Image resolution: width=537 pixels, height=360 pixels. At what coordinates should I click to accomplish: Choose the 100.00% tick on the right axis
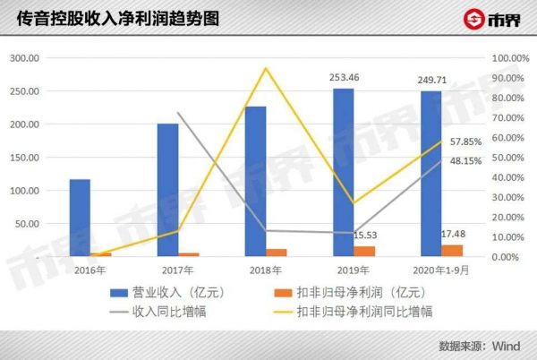point(509,58)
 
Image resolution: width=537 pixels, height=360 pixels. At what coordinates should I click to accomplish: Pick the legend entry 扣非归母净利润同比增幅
point(364,311)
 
